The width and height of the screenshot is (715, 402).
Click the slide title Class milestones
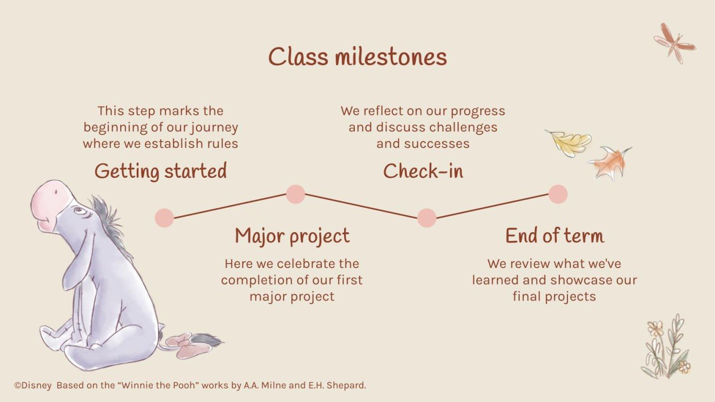pos(357,57)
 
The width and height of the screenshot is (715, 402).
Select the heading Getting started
pos(160,171)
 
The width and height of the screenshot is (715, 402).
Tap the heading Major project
pos(292,236)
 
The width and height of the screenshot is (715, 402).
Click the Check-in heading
pos(423,171)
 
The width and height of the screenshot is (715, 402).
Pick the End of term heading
pos(554,236)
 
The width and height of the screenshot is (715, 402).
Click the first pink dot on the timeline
pos(164,218)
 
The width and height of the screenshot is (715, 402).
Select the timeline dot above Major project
pos(296,194)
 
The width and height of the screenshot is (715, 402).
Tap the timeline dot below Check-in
pos(426,218)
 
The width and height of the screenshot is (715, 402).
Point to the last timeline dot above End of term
pos(557,194)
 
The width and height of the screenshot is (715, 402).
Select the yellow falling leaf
pos(570,142)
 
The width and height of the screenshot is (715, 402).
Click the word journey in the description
pos(216,128)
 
